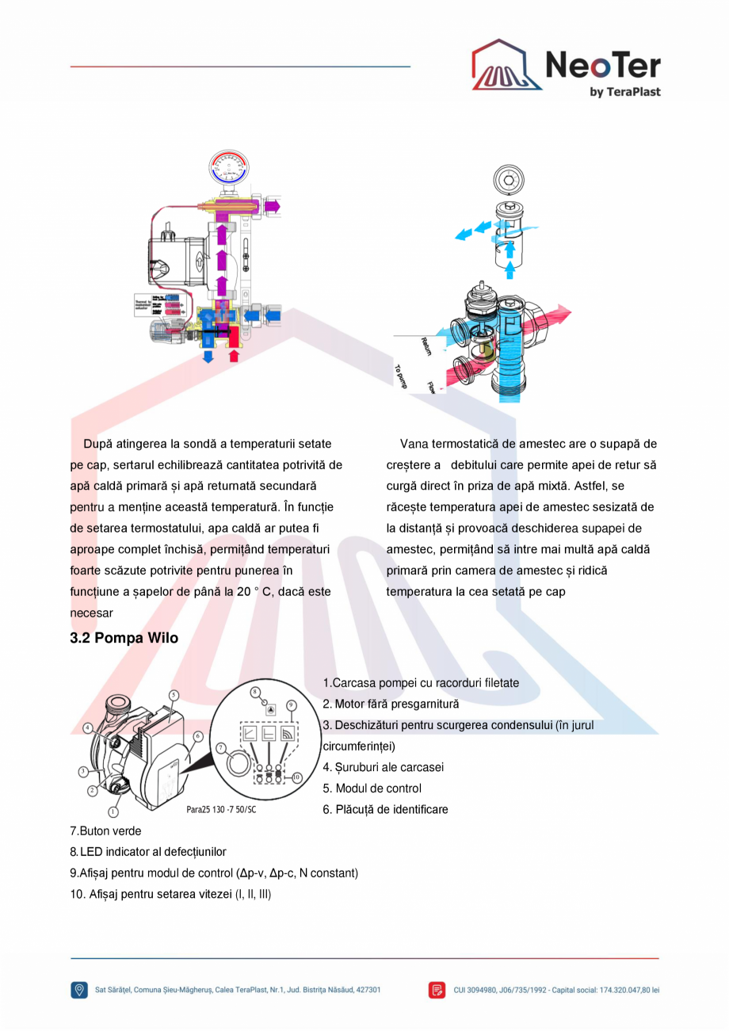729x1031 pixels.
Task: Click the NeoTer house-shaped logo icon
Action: coord(506,67)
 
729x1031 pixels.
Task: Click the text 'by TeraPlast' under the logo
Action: coord(624,92)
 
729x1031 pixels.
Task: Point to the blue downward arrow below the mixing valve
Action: coord(209,357)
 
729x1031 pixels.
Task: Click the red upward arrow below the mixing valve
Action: coord(233,357)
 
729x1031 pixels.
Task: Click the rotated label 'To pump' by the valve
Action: coord(402,375)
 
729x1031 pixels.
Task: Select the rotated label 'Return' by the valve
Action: coord(426,346)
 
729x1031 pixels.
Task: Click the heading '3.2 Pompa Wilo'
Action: coord(124,638)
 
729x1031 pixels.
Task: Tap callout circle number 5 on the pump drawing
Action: coord(174,695)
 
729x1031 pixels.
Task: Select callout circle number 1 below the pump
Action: coord(113,811)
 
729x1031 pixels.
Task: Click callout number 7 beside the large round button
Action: coord(221,747)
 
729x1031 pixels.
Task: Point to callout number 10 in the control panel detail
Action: coord(296,777)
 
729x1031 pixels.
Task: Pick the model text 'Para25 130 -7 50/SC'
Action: coord(221,811)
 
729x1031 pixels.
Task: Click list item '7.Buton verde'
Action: coord(106,831)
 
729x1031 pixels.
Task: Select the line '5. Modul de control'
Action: coord(372,789)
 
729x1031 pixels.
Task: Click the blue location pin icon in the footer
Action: coord(79,990)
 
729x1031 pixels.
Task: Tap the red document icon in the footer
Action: coord(437,990)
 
